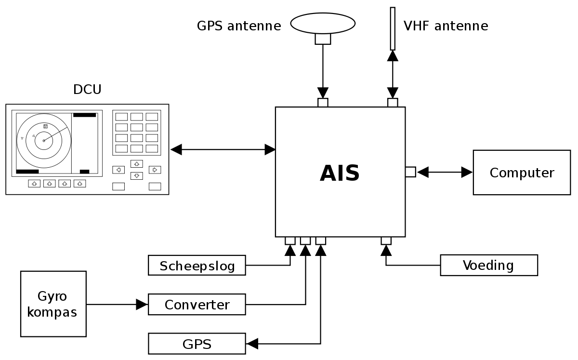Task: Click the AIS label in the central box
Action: point(340,173)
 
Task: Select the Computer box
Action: point(522,173)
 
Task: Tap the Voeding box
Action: point(488,265)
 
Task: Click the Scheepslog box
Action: point(197,266)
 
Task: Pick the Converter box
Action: point(197,305)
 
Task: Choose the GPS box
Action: point(197,344)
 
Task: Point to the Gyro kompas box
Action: point(53,304)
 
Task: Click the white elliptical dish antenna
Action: point(323,23)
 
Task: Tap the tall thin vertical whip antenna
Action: point(393,28)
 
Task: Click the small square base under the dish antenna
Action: point(323,39)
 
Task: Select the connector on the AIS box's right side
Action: point(410,172)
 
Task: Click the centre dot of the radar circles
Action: point(43,141)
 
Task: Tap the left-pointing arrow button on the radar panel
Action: point(118,170)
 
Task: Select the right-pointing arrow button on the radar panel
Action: point(155,170)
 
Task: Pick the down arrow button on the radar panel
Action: point(137,176)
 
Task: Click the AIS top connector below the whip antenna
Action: point(393,103)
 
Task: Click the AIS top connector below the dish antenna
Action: point(323,103)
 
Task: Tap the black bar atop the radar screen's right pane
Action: point(85,115)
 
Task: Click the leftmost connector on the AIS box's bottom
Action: point(290,240)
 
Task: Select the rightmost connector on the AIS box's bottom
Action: point(386,240)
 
